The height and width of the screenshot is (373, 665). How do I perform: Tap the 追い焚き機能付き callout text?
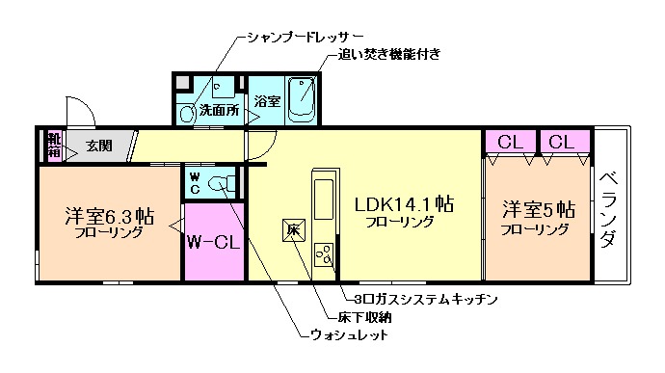click(390, 55)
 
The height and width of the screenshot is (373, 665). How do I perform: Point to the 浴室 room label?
click(267, 100)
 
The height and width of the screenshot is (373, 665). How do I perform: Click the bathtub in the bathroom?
click(303, 99)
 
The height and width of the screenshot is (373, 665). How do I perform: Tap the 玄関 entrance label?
click(98, 146)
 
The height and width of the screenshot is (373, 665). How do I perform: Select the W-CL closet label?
click(213, 241)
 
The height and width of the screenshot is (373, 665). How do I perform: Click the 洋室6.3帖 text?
click(108, 214)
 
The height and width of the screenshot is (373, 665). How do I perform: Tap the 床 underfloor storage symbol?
click(294, 230)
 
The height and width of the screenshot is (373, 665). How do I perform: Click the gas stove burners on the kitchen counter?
click(323, 254)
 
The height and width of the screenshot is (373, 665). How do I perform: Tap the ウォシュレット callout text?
click(349, 335)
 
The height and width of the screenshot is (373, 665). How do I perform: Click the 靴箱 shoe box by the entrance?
click(53, 146)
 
